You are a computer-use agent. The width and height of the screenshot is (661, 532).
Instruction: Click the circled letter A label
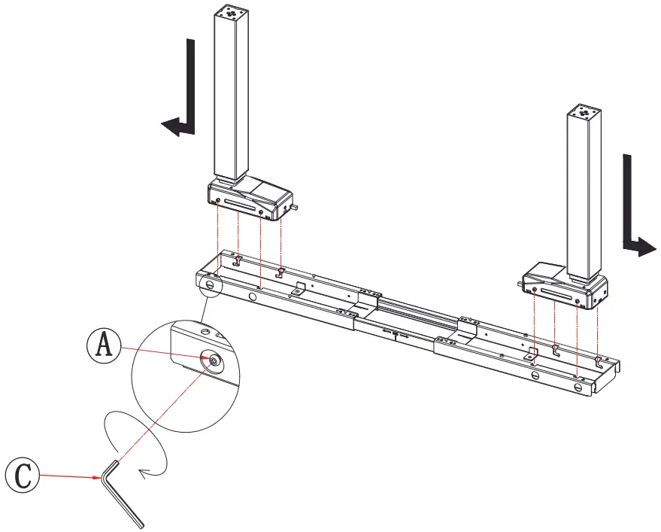[x=104, y=346]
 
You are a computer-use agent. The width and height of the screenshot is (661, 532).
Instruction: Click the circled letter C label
[x=22, y=475]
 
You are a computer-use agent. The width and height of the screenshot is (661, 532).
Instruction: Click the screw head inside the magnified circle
[x=214, y=362]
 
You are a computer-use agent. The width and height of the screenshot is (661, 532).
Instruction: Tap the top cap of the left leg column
[x=229, y=13]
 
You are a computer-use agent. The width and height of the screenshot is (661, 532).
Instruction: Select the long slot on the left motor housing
[x=238, y=205]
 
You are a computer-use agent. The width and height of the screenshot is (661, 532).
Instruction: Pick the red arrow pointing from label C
[x=71, y=476]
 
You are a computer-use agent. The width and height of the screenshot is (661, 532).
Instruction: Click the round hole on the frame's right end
[x=577, y=386]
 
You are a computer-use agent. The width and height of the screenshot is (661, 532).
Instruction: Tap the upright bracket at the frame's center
[x=468, y=325]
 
